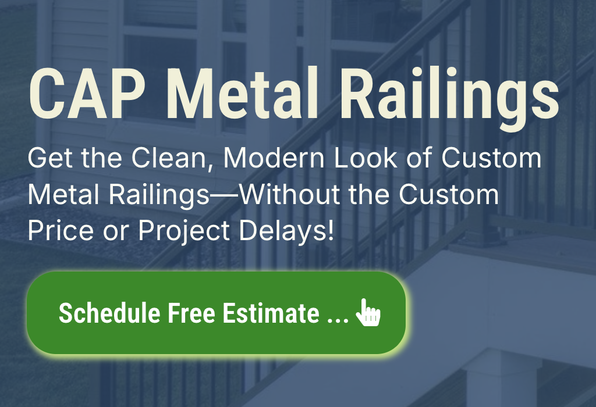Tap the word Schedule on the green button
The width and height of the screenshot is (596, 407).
109,313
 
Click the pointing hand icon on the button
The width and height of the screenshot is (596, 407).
368,313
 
